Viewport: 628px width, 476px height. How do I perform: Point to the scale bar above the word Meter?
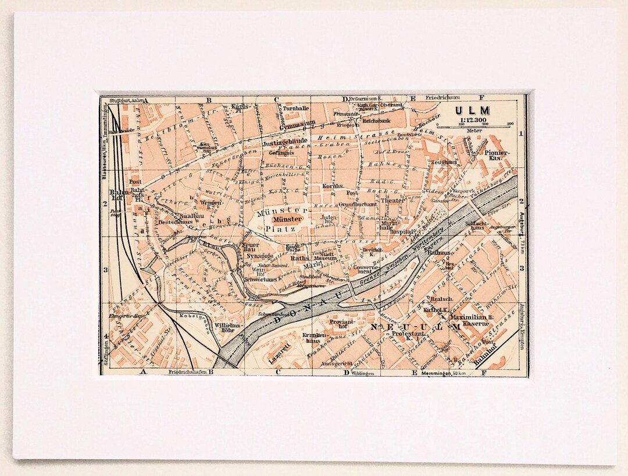coord(473,126)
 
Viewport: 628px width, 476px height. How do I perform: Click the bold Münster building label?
coord(287,219)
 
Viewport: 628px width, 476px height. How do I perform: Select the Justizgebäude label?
coord(284,142)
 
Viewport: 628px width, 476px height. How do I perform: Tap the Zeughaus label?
coord(444,162)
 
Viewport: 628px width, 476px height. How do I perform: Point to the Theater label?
coord(392,201)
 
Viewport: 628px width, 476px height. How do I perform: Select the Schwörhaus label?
coord(260,280)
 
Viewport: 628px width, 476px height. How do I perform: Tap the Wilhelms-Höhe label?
coord(227,329)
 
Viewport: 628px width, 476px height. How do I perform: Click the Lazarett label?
coord(280,360)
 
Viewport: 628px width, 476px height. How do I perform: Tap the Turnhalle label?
coord(297,108)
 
